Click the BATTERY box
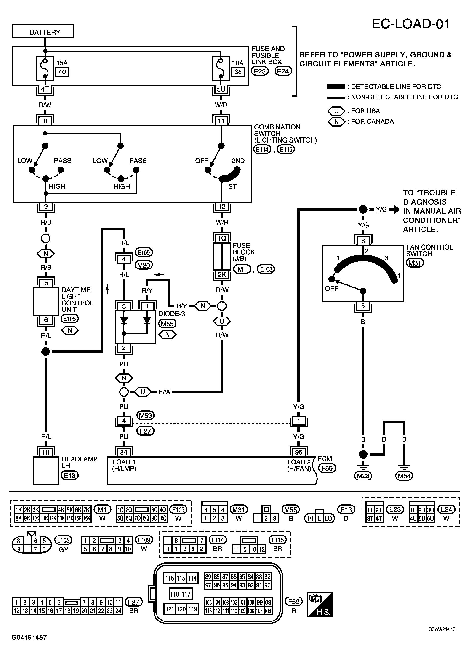click(x=43, y=32)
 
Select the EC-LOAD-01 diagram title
click(x=410, y=24)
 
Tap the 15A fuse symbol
click(x=45, y=68)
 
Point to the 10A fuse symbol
click(x=221, y=68)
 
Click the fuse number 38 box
click(x=238, y=72)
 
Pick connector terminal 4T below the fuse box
click(x=45, y=89)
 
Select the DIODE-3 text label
click(x=172, y=314)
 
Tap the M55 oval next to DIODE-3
click(x=167, y=324)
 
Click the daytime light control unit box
click(x=46, y=301)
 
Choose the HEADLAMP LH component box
click(x=46, y=471)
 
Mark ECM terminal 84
click(x=124, y=452)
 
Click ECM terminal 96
click(x=298, y=452)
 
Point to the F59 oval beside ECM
click(x=327, y=468)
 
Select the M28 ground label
click(x=363, y=476)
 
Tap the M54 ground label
click(x=404, y=476)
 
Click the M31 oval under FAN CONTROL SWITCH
click(x=415, y=263)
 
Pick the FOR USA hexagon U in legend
click(x=336, y=111)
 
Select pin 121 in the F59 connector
click(x=169, y=609)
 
